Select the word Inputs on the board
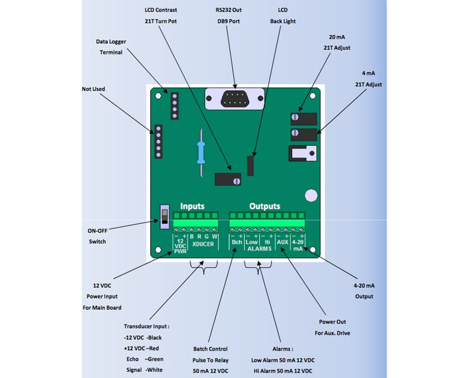pyautogui.click(x=192, y=206)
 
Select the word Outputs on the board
pyautogui.click(x=265, y=206)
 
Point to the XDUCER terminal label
pyautogui.click(x=203, y=244)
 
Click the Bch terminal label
pyautogui.click(x=237, y=242)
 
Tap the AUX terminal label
pyautogui.click(x=283, y=242)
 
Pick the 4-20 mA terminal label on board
pyautogui.click(x=298, y=246)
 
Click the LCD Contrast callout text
pyautogui.click(x=161, y=10)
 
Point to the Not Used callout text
pyautogui.click(x=93, y=89)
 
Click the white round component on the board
pyautogui.click(x=311, y=195)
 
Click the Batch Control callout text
pyautogui.click(x=211, y=349)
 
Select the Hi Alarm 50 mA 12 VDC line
pyautogui.click(x=282, y=371)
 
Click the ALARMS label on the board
pyautogui.click(x=259, y=249)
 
